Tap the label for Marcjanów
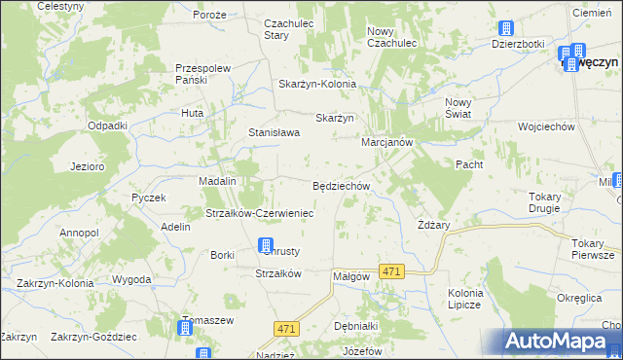point(388,141)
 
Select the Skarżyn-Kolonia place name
point(317,84)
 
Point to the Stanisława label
point(273,132)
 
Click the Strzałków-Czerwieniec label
point(258,213)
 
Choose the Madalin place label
point(218,181)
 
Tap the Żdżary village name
point(433,225)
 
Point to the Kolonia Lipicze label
point(465,299)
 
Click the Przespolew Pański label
point(202,74)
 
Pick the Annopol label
point(79,234)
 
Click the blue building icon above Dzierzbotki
point(504,29)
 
